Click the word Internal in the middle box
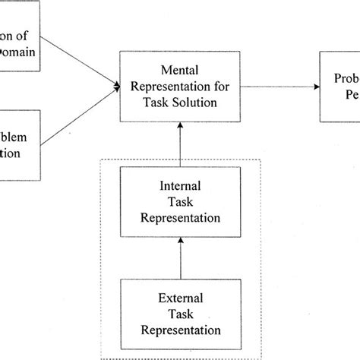pos(179,185)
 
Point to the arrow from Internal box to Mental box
pos(180,144)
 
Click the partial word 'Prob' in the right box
pos(343,77)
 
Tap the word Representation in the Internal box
pos(179,216)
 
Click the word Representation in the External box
pos(179,330)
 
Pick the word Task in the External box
pos(179,314)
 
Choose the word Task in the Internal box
pos(179,201)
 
